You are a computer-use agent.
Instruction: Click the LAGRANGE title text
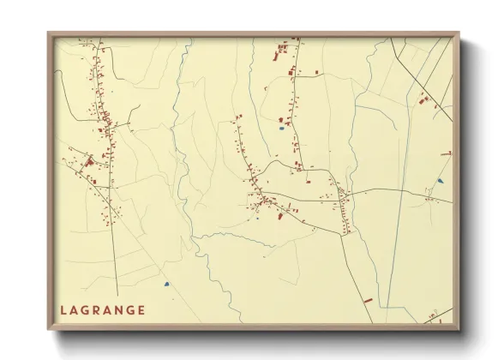102,310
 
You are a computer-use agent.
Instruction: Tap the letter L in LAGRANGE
63,310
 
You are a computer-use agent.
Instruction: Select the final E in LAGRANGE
141,310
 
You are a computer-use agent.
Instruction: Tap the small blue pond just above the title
167,284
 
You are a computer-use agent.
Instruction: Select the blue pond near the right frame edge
441,181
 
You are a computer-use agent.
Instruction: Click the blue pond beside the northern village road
281,129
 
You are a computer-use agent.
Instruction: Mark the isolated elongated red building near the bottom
369,300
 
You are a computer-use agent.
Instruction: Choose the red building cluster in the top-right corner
423,100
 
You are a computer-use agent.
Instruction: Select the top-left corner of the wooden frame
49,33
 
